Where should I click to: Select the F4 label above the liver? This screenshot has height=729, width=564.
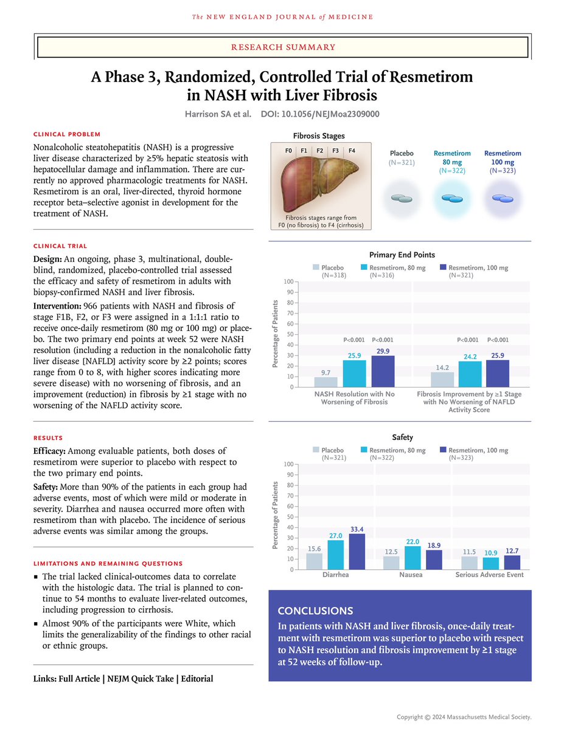point(352,149)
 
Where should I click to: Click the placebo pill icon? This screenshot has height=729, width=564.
point(401,198)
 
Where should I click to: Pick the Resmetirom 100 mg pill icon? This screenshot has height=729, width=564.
point(502,198)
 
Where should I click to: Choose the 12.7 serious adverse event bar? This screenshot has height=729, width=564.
point(512,563)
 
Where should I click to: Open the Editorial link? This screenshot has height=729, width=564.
point(197,679)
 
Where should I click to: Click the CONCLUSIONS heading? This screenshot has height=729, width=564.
point(315,611)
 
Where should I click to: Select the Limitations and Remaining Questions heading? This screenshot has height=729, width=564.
point(108,564)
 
